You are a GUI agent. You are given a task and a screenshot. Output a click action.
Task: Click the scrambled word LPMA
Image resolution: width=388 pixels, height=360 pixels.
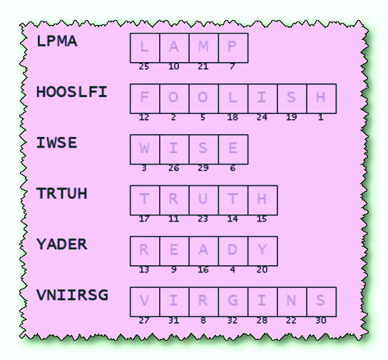[x=57, y=41]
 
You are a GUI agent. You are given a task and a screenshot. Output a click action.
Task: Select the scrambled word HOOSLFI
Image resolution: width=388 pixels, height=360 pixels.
[x=72, y=92]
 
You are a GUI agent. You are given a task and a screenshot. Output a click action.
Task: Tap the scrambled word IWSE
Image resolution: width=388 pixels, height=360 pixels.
[x=56, y=143]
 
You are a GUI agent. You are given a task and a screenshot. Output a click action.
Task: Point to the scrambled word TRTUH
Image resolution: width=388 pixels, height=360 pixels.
[x=62, y=194]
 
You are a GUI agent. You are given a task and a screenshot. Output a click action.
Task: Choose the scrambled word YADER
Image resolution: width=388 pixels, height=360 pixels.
[x=62, y=245]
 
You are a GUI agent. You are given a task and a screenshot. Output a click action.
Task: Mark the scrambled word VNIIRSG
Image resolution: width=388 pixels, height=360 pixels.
[x=72, y=295]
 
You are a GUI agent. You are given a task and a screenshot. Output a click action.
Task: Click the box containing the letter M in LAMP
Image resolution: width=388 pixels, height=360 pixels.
[x=204, y=48]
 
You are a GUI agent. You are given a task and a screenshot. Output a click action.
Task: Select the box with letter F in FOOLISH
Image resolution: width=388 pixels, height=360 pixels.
[x=145, y=98]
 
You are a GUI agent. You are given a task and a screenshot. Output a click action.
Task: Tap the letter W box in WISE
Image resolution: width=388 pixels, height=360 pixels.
[x=145, y=149]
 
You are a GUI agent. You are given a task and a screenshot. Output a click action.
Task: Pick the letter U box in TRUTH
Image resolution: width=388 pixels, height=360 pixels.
[x=204, y=200]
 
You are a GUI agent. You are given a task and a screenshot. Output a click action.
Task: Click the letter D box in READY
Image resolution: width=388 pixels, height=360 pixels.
[x=233, y=251]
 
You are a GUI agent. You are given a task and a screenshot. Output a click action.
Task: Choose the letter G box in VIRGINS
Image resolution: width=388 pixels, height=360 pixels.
[x=233, y=302]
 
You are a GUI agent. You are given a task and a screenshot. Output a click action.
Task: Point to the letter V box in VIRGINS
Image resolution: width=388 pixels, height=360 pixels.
[x=145, y=302]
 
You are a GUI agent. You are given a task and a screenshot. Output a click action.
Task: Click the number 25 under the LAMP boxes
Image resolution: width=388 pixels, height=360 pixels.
[x=144, y=67]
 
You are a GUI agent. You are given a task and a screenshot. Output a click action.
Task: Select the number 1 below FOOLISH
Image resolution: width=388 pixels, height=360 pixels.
[x=321, y=118]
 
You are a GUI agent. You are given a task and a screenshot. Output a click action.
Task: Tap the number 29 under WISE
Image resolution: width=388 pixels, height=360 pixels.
[x=203, y=168]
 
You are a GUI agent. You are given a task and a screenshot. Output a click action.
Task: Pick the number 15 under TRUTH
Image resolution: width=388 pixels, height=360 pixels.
[x=262, y=219]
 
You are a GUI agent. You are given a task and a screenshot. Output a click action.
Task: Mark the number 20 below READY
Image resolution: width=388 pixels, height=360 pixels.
[x=262, y=269]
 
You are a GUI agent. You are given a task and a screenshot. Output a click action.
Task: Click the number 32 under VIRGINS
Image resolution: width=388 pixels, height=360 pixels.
[x=233, y=321]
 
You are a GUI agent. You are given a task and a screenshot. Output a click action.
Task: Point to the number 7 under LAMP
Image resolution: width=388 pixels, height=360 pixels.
[x=232, y=67]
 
